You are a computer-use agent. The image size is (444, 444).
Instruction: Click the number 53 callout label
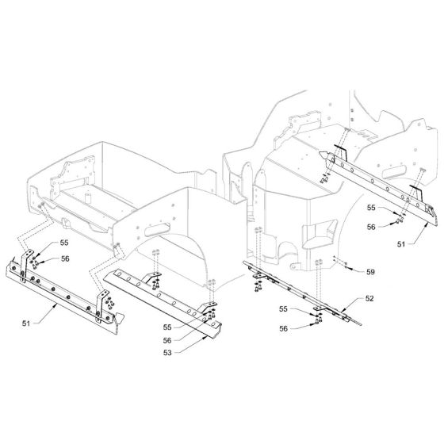167,353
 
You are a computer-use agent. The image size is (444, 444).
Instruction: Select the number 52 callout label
369,298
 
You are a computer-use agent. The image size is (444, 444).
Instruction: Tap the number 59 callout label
370,272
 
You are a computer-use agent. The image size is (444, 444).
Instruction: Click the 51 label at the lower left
26,323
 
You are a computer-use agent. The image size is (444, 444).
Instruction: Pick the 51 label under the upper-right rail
401,244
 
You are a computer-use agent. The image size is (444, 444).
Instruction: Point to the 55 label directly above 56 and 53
167,327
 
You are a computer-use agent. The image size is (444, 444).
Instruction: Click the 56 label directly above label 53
167,340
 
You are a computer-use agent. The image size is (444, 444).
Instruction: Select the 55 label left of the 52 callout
284,309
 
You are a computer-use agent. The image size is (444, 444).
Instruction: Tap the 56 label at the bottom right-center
284,328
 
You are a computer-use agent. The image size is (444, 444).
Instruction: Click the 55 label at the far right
371,208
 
